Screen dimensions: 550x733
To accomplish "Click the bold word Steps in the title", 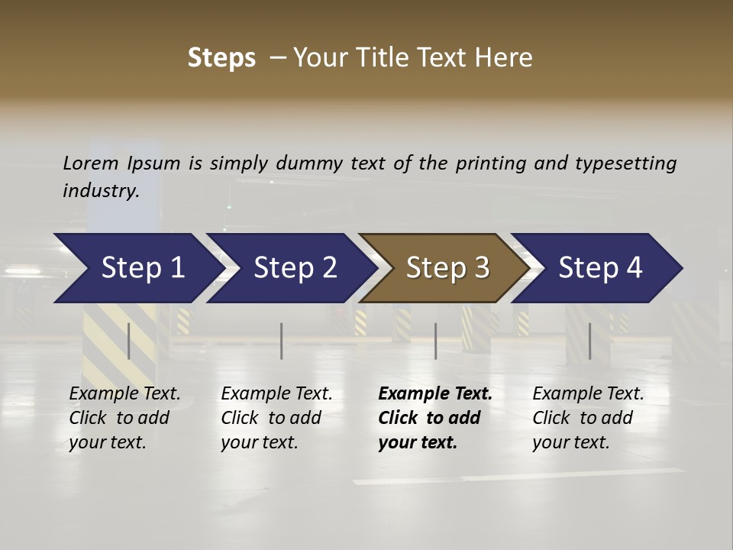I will (x=221, y=58).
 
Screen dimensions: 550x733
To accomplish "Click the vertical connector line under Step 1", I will (x=129, y=341).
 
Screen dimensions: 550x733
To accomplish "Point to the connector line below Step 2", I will (x=282, y=341).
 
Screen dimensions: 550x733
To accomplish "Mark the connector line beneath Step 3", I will (x=436, y=341).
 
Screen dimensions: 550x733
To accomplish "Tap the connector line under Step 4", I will (x=589, y=341).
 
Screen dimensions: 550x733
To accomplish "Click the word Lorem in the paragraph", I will (x=91, y=163).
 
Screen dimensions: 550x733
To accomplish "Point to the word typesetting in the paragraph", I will (x=625, y=163).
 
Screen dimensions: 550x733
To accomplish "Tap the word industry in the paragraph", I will (x=100, y=190).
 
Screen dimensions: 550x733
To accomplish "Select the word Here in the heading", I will (x=504, y=58).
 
